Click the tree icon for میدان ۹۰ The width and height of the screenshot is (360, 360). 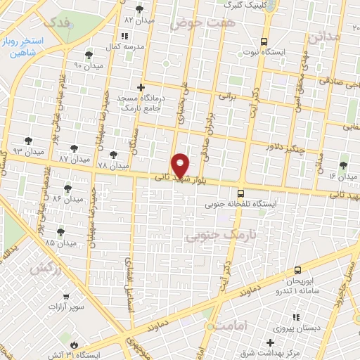88,55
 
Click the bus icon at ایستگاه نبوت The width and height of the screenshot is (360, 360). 264,41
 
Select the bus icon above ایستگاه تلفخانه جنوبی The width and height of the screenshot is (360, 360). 241,193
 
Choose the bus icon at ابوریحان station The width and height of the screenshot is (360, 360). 298,270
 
